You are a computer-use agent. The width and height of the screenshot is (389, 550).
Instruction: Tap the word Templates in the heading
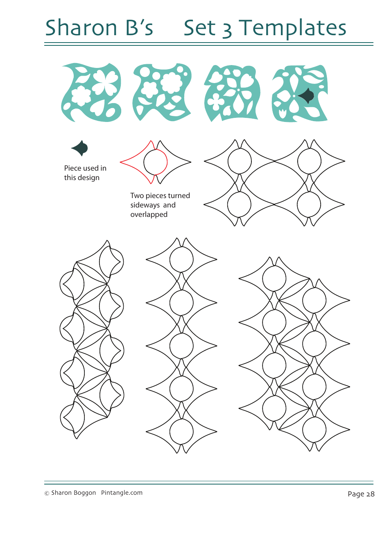click(x=293, y=29)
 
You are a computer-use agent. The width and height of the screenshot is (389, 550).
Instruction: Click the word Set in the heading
click(x=199, y=28)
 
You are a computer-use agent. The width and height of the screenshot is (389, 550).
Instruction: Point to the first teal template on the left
click(x=91, y=92)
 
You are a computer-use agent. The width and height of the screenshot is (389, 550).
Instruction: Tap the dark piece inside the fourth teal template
click(x=306, y=96)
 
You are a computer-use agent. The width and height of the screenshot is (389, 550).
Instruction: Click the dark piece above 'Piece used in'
click(x=80, y=148)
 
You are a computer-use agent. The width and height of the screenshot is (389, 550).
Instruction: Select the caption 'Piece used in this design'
click(x=85, y=173)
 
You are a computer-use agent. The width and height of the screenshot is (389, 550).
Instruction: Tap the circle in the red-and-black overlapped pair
click(x=156, y=162)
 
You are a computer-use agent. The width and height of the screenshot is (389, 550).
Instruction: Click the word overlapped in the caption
click(x=149, y=214)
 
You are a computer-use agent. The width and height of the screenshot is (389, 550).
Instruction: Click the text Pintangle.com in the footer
click(x=122, y=493)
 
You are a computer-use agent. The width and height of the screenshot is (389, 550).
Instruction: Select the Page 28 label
click(x=361, y=494)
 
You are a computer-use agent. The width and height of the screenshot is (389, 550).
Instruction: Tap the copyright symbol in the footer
click(x=47, y=494)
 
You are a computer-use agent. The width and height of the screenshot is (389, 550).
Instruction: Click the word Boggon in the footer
click(x=85, y=493)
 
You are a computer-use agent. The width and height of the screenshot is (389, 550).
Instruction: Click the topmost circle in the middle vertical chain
click(x=181, y=259)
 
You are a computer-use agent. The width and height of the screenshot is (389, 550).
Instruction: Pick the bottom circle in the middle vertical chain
click(x=181, y=432)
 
